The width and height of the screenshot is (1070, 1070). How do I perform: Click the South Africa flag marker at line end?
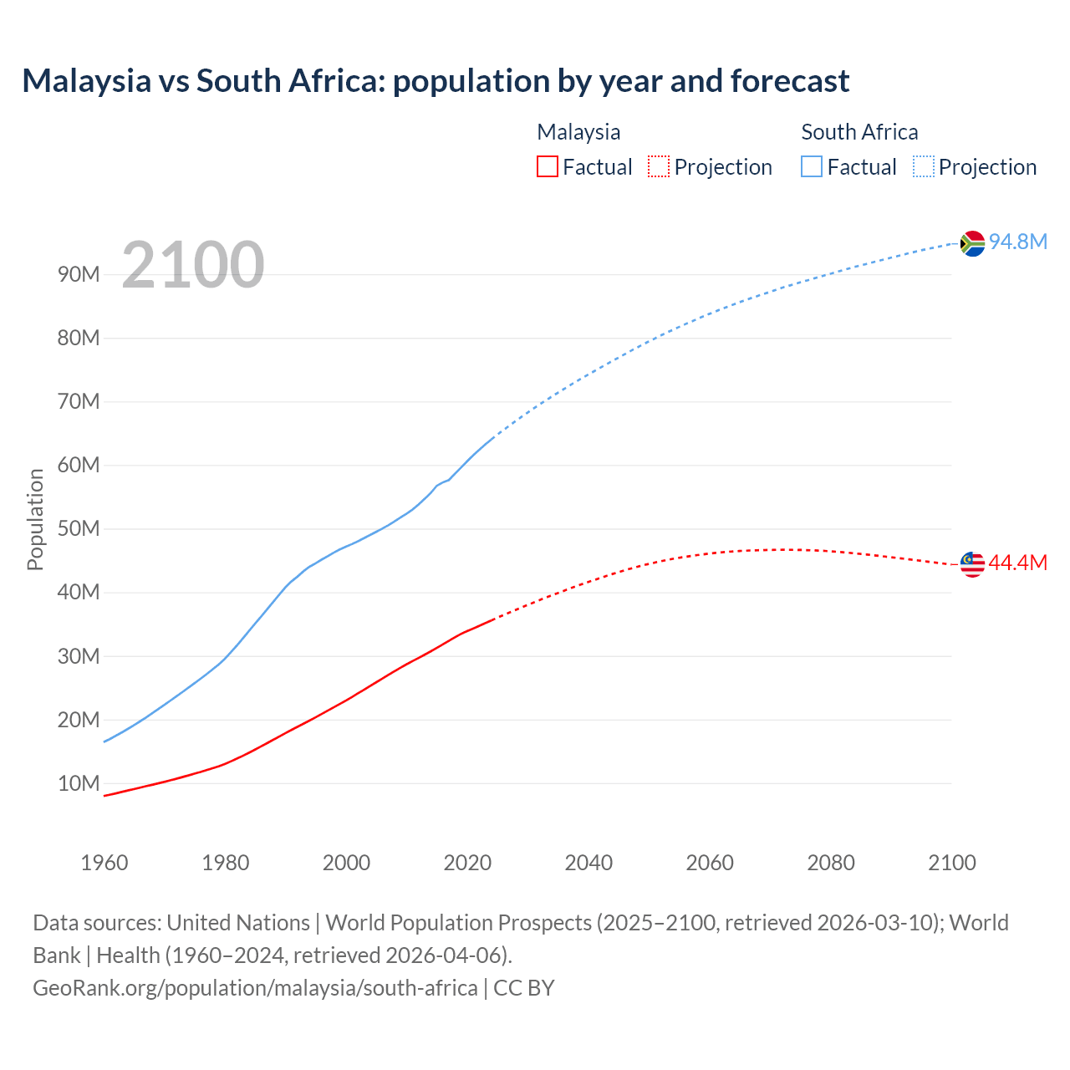pyautogui.click(x=972, y=243)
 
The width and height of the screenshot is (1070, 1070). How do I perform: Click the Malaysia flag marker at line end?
pyautogui.click(x=972, y=564)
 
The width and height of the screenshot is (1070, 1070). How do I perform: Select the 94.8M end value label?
pyautogui.click(x=1018, y=242)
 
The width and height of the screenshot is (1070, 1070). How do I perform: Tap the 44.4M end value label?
pyautogui.click(x=1017, y=563)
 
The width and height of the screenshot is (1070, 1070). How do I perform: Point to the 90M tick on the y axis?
pyautogui.click(x=79, y=275)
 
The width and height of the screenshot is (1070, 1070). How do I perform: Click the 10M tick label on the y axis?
pyautogui.click(x=79, y=784)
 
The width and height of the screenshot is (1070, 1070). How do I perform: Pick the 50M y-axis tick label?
pyautogui.click(x=79, y=529)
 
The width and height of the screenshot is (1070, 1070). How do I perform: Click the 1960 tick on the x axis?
pyautogui.click(x=104, y=863)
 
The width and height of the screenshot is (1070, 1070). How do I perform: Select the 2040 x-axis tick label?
pyautogui.click(x=588, y=863)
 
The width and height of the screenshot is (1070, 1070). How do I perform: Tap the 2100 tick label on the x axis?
pyautogui.click(x=951, y=863)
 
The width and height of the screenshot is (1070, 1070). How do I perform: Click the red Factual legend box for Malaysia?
pyautogui.click(x=547, y=166)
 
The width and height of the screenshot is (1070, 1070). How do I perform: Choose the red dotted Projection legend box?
pyautogui.click(x=659, y=166)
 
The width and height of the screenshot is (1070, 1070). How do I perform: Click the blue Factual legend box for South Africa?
pyautogui.click(x=812, y=166)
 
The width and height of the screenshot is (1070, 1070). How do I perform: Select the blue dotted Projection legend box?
pyautogui.click(x=924, y=166)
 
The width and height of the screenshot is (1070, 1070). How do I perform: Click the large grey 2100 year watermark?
pyautogui.click(x=193, y=265)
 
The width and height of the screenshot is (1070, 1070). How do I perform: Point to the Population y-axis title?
pyautogui.click(x=35, y=519)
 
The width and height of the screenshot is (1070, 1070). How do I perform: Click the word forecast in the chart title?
pyautogui.click(x=790, y=81)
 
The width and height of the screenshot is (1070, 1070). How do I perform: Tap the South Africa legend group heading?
pyautogui.click(x=859, y=132)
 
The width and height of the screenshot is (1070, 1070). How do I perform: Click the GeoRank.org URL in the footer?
pyautogui.click(x=255, y=988)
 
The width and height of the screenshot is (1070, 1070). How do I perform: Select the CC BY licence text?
pyautogui.click(x=524, y=988)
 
